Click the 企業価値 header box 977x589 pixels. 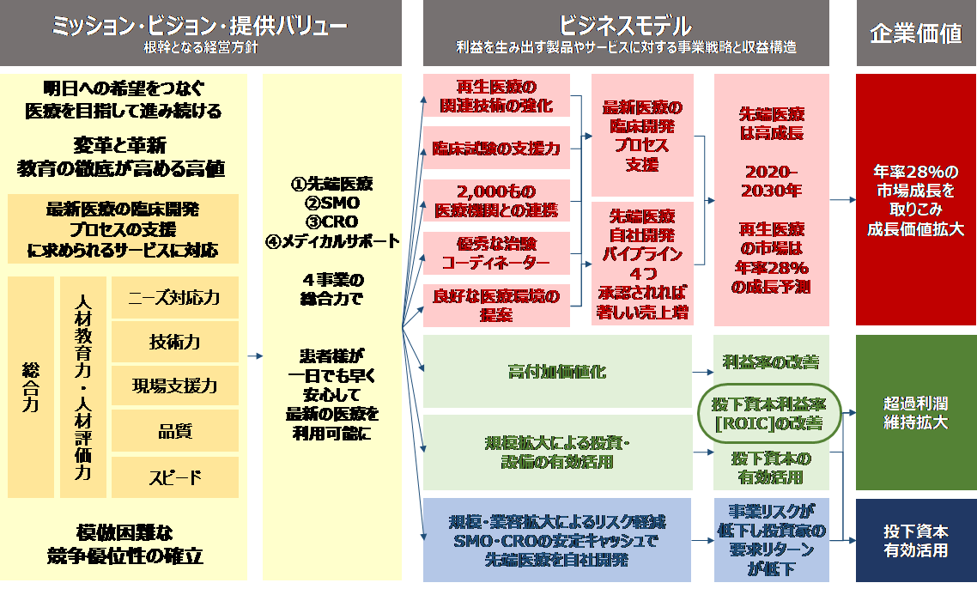(x=916, y=33)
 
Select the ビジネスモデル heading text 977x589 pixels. (x=625, y=25)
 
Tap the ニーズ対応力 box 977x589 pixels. (x=174, y=298)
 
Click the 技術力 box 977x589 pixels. (x=174, y=342)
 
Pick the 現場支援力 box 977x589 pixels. (x=174, y=386)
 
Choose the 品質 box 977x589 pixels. (x=174, y=431)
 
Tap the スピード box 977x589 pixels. (x=174, y=477)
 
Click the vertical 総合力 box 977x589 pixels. (x=30, y=387)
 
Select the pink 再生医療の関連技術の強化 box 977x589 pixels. (x=496, y=97)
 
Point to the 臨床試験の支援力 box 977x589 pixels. (x=496, y=149)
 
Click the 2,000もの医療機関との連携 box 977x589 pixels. (x=496, y=201)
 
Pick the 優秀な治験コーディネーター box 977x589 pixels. (x=496, y=252)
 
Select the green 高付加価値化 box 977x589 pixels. (x=557, y=372)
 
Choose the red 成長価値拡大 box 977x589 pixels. (x=916, y=199)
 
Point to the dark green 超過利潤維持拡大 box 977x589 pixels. (x=916, y=412)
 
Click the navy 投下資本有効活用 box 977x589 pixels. (x=916, y=540)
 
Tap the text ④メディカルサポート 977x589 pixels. (x=332, y=241)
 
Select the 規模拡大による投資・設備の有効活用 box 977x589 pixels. (x=557, y=452)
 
